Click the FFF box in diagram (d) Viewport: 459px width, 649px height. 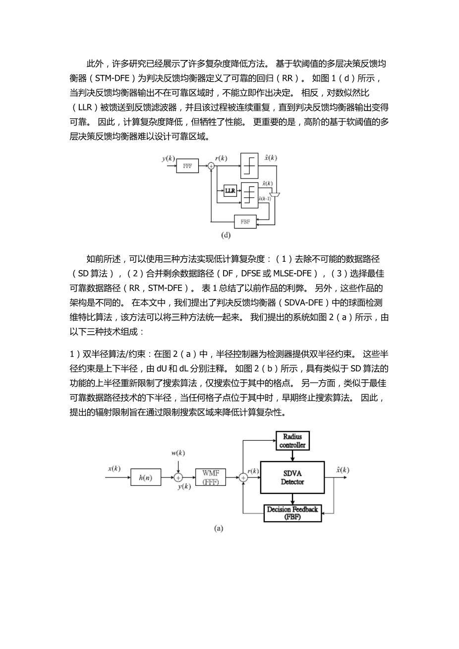coord(187,166)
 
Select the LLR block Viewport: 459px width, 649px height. coord(229,190)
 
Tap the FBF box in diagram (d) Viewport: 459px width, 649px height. coord(245,222)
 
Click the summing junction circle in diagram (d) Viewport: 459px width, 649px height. coord(211,167)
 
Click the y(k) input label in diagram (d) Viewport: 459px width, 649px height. coord(169,159)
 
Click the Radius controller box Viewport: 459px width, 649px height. coord(292,441)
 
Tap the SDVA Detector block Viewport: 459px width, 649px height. coord(292,478)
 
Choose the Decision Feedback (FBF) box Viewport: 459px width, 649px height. coord(292,513)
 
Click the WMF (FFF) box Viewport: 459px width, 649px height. coord(211,477)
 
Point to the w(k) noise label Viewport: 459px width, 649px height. coord(177,453)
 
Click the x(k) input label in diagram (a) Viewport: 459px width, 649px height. coord(114,469)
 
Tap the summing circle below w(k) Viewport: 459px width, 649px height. coord(178,477)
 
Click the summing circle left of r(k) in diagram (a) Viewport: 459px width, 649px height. coord(243,477)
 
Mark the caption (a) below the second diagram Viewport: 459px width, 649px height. coord(218,529)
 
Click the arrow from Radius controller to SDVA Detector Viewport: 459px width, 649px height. coord(292,456)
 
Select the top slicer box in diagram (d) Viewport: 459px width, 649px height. coord(249,165)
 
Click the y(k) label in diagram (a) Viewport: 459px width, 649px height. coord(184,486)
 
